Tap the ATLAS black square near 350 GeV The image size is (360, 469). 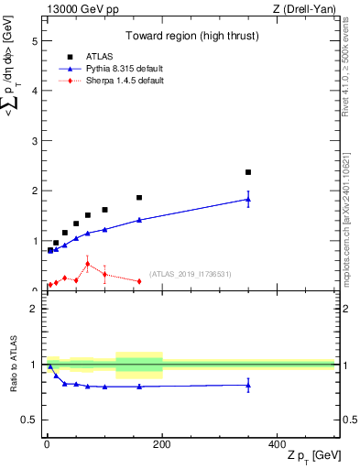(x=248, y=172)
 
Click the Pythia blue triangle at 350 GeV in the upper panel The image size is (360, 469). (x=248, y=199)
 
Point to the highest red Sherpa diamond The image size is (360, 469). (x=88, y=264)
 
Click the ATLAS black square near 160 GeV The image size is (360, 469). (x=139, y=197)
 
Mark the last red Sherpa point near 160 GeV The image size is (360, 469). (x=139, y=281)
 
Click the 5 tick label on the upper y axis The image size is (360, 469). (x=34, y=41)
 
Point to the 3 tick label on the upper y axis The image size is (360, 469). (x=34, y=141)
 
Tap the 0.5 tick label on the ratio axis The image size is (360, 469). (x=30, y=420)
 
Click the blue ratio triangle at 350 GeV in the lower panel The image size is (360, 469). (x=248, y=385)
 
